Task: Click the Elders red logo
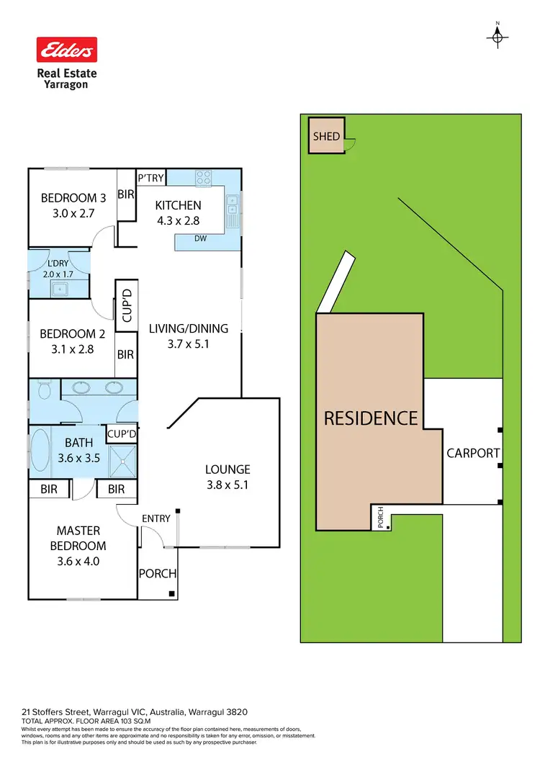[67, 50]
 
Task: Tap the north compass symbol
[498, 36]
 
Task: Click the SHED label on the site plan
[326, 136]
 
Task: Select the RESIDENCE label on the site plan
[371, 418]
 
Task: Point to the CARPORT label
[473, 453]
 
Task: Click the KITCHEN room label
[179, 206]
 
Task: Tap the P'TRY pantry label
[151, 178]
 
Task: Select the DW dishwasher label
[201, 239]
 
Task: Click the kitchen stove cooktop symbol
[204, 177]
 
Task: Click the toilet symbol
[45, 390]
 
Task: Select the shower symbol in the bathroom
[123, 460]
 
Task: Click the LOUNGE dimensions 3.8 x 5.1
[227, 485]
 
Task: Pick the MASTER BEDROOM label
[81, 538]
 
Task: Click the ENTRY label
[156, 518]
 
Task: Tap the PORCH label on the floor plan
[158, 574]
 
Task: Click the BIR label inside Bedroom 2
[125, 354]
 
